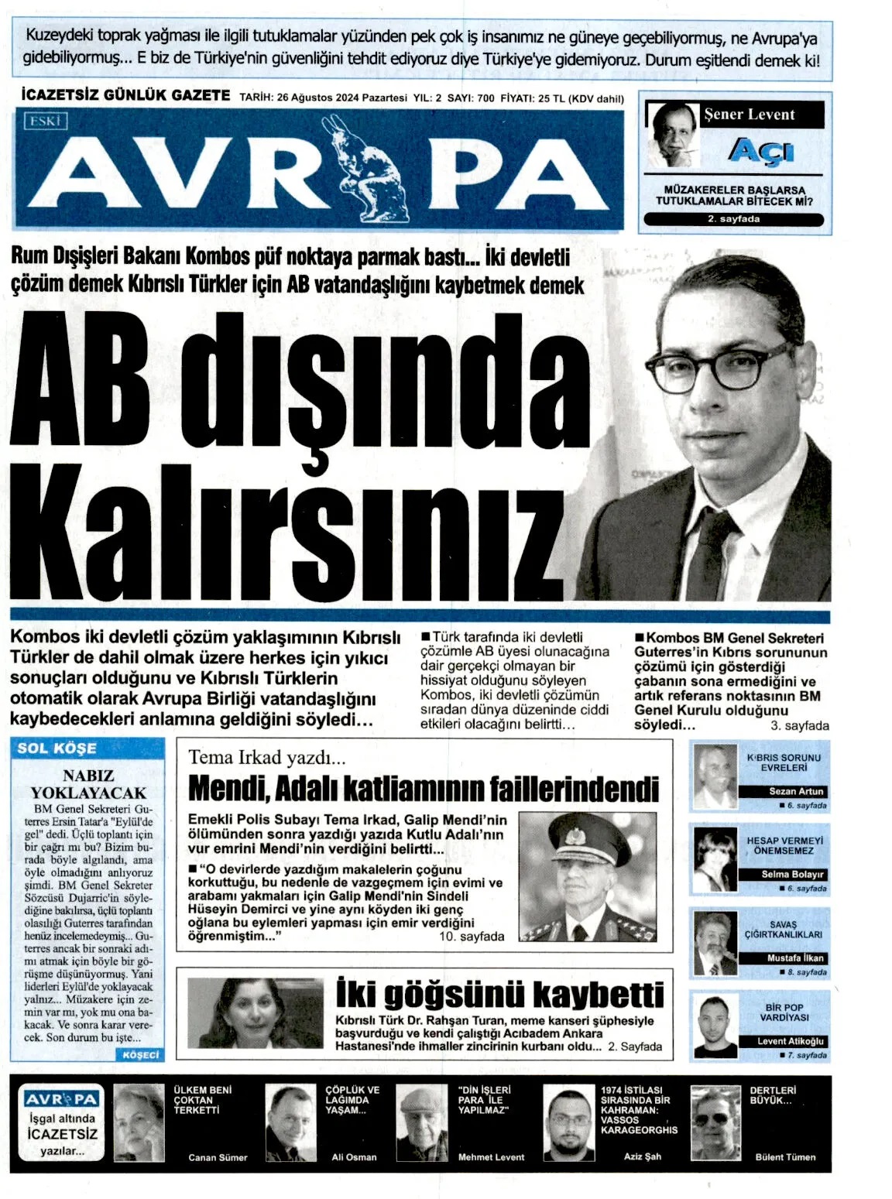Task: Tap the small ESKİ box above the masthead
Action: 47,121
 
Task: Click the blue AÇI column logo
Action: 761,150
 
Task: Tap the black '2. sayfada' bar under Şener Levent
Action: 733,219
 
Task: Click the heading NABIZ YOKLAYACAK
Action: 88,784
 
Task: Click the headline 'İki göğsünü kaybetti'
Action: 500,994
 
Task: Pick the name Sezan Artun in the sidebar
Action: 796,791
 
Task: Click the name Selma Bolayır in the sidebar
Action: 792,874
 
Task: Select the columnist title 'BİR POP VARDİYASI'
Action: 784,1012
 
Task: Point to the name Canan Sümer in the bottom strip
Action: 218,1157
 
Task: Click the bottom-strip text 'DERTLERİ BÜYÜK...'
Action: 771,1095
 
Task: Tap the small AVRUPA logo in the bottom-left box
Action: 61,1099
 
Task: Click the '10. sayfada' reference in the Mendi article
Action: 472,937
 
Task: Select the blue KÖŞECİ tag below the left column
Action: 140,1054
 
